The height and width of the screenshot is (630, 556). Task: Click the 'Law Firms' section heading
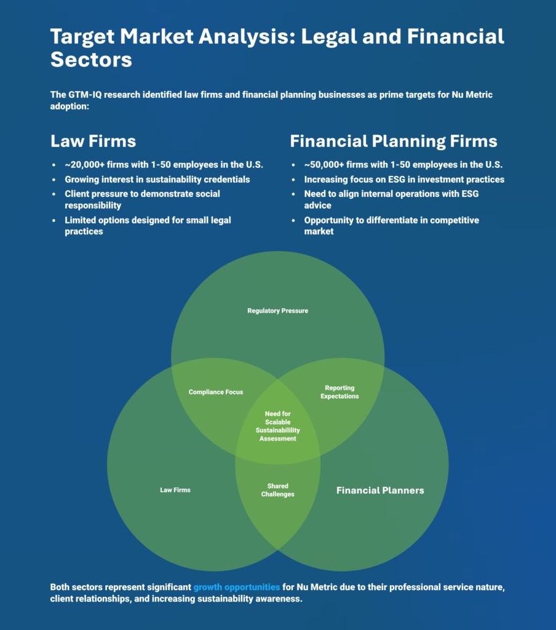coord(93,142)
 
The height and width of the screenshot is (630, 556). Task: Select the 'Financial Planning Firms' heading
coord(394,142)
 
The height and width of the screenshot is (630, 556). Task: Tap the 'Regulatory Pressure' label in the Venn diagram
coord(277,311)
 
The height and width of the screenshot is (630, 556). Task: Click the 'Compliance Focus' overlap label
coord(216,392)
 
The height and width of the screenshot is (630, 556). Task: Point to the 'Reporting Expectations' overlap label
coord(340,392)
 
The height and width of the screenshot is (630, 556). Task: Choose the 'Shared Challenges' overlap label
coord(277,490)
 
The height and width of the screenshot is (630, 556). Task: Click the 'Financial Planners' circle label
coord(380,490)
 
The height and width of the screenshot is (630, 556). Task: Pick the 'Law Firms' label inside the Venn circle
coord(175,490)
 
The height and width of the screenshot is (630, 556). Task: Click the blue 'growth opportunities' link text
coord(237,587)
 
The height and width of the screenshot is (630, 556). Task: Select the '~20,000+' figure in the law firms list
coord(84,165)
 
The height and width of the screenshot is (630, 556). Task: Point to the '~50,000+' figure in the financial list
coord(324,165)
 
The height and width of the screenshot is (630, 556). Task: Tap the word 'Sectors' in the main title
coord(91,60)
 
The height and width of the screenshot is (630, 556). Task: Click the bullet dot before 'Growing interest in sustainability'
coord(54,180)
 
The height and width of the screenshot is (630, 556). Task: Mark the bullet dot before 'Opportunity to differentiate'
coord(293,220)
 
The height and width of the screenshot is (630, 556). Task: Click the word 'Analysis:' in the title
coord(247,36)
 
